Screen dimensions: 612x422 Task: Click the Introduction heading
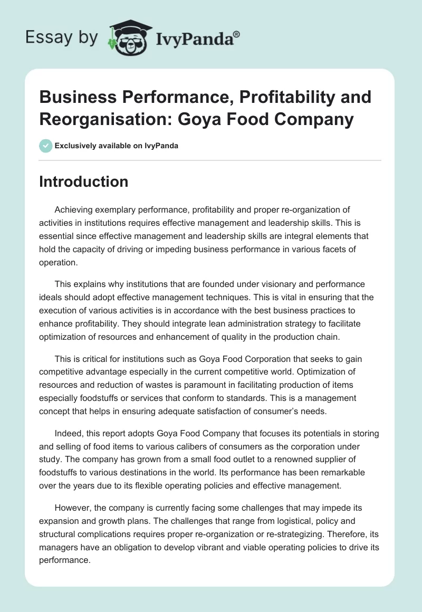click(84, 182)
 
